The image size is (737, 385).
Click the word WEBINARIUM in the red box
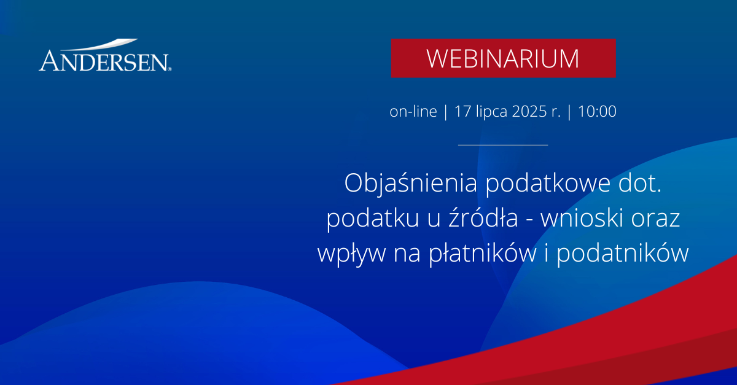(x=503, y=59)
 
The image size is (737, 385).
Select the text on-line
(x=413, y=111)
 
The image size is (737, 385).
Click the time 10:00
(x=597, y=111)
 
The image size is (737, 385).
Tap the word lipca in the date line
(x=491, y=112)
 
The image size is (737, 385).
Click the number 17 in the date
(x=462, y=111)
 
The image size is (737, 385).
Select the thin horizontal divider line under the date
(x=503, y=145)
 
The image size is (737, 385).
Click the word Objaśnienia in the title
(x=411, y=184)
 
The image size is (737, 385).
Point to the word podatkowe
(x=548, y=184)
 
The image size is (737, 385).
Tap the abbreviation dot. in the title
(x=640, y=183)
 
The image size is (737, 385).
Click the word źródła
(x=483, y=218)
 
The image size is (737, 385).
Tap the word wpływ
(x=351, y=253)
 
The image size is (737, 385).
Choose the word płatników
(x=483, y=253)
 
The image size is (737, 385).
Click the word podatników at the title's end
(x=623, y=253)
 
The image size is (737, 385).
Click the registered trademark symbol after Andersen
(x=170, y=69)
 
